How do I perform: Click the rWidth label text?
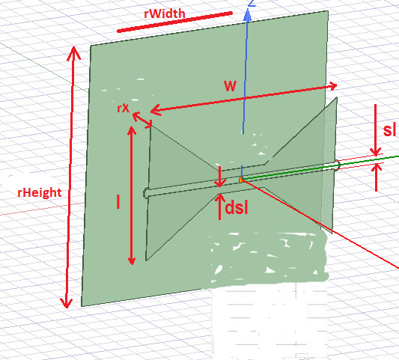[165, 13]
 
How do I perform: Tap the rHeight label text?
[40, 192]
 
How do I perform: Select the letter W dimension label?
[230, 86]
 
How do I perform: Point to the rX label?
[124, 108]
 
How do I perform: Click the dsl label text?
[237, 208]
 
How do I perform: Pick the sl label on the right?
[389, 130]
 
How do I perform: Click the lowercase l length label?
[118, 201]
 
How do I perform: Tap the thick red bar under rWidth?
[175, 22]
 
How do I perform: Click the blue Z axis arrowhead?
[247, 15]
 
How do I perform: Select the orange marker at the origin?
[241, 180]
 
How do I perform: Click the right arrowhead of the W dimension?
[333, 86]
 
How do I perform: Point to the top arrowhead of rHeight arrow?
[74, 53]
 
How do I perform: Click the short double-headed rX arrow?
[142, 120]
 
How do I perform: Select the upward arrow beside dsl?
[219, 207]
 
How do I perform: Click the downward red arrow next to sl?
[376, 129]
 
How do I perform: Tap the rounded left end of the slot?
[145, 193]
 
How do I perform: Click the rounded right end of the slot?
[338, 165]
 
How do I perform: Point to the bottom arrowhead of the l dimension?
[132, 260]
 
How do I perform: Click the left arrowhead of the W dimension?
[156, 110]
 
